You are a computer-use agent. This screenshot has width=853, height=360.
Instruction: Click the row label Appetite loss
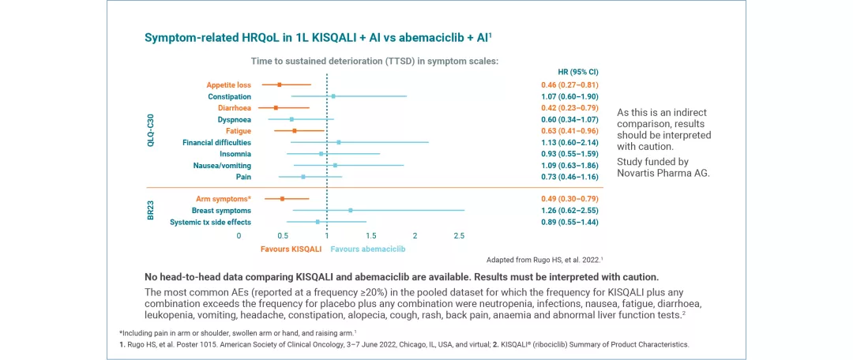[228, 84]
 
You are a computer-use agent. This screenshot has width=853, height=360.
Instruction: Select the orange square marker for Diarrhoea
[276, 107]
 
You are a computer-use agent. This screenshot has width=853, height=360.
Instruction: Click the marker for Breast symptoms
[351, 211]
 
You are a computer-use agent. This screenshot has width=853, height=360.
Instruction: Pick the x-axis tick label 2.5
[459, 235]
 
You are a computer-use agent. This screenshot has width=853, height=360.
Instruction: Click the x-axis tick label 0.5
[283, 235]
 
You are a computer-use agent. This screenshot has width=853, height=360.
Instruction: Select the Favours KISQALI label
[291, 249]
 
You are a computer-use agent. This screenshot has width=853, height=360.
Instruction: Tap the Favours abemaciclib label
[368, 249]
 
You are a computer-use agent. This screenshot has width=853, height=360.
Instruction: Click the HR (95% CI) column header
[577, 72]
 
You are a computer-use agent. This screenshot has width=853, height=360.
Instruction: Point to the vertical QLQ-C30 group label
[151, 130]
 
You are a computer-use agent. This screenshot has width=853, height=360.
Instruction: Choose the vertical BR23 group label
[151, 210]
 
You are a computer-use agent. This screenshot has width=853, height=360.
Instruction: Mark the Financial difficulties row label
[216, 142]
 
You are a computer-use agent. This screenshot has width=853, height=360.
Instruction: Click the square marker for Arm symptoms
[282, 199]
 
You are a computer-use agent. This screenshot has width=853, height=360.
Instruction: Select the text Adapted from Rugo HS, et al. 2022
[544, 259]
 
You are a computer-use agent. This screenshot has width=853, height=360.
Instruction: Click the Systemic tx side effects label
[210, 222]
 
